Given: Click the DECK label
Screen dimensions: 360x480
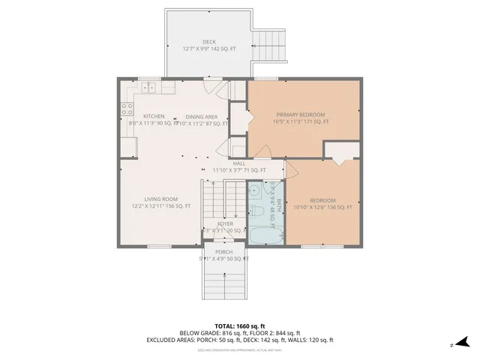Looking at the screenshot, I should (208, 42).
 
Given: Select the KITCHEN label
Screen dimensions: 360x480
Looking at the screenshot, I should (154, 116).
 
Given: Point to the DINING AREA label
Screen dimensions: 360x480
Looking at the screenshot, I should (202, 116).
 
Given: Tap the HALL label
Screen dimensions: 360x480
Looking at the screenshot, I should (239, 163).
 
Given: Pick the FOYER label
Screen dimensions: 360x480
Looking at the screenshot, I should (226, 223).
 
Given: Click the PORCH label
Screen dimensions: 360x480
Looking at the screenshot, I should (223, 252).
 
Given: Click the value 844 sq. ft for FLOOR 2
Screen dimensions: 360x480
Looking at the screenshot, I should (288, 333).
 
